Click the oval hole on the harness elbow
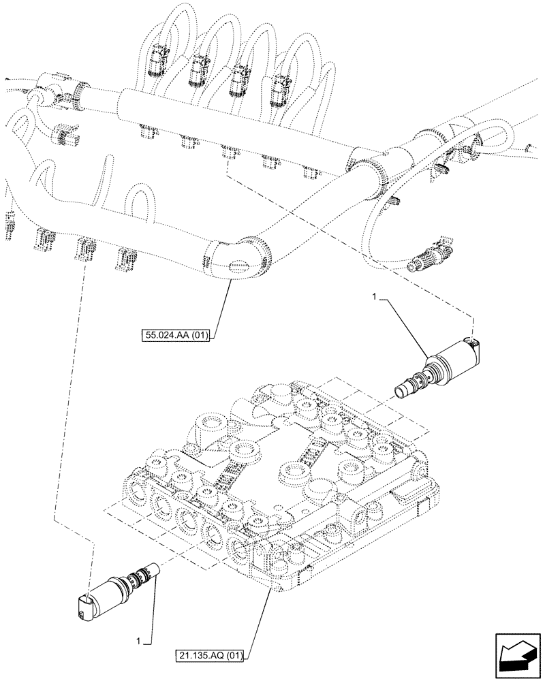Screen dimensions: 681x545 (x=240, y=268)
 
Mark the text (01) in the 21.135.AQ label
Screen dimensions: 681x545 (x=235, y=656)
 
